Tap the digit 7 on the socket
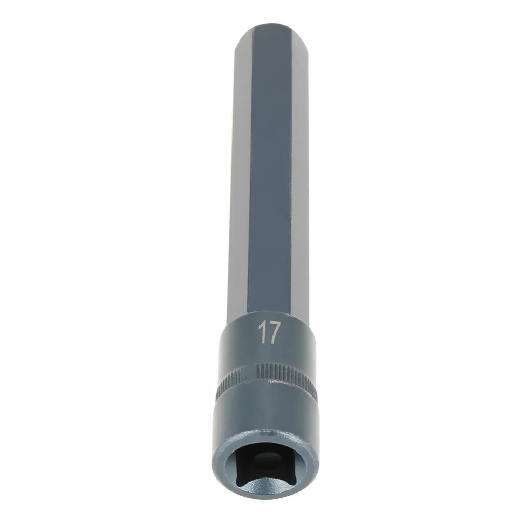[x=274, y=333]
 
